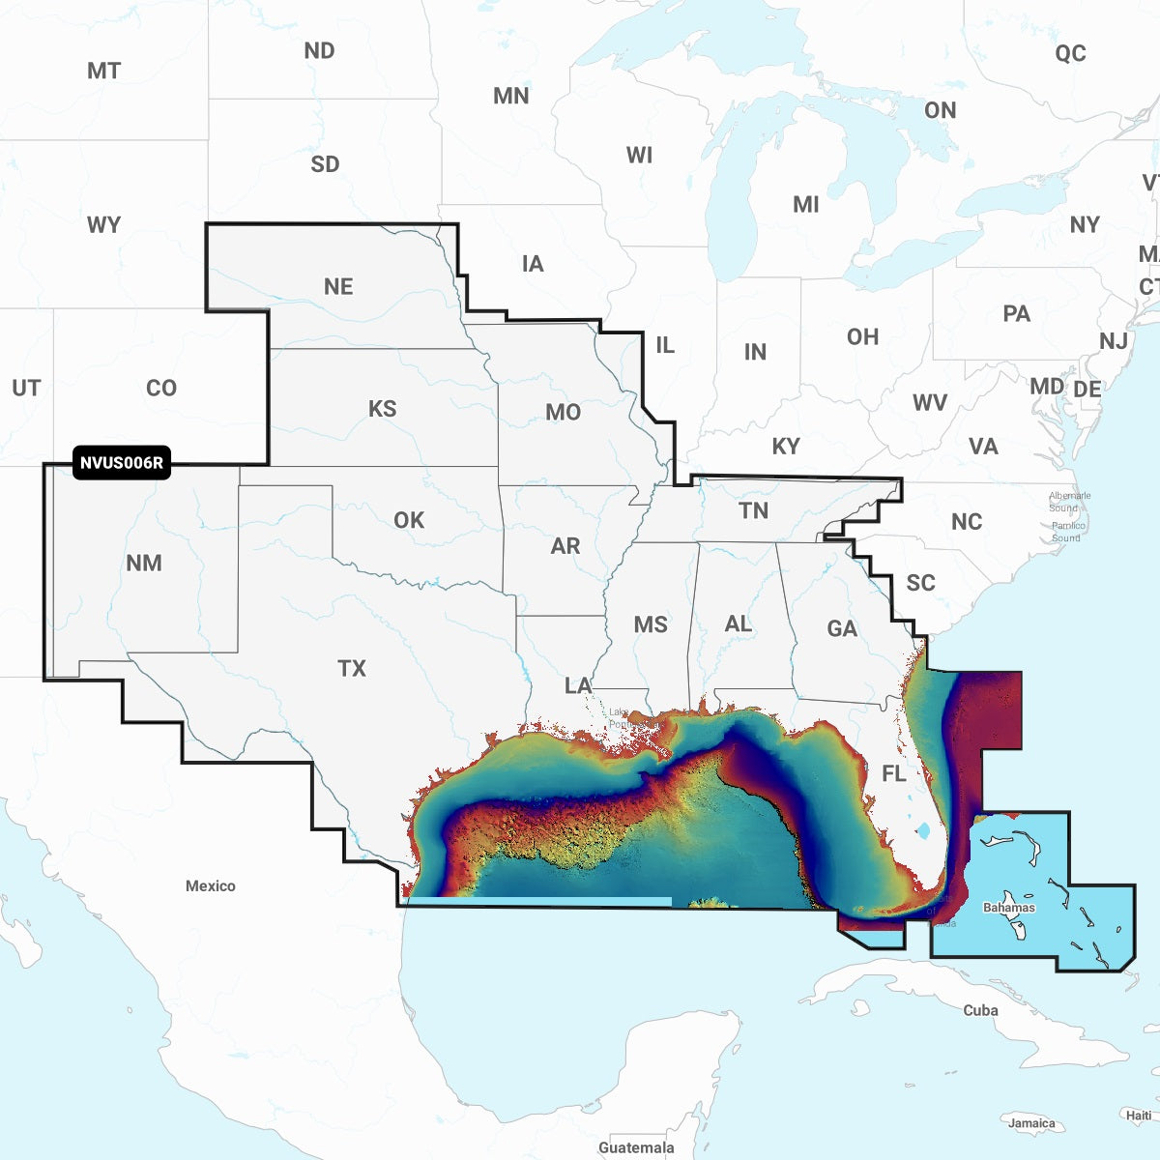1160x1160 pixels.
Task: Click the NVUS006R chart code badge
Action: coord(122,463)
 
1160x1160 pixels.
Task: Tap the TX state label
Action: coord(352,668)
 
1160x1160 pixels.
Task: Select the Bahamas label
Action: coord(1008,907)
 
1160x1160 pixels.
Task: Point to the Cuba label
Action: coord(980,1010)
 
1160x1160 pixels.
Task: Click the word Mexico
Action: coord(211,885)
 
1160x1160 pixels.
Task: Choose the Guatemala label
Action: coord(636,1147)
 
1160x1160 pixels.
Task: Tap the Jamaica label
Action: coord(1031,1122)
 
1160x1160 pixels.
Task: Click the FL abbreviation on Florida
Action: coord(894,773)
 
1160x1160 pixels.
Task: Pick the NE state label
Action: coord(338,287)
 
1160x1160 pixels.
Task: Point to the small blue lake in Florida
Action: coord(923,829)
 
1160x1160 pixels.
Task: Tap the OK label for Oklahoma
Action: coord(409,520)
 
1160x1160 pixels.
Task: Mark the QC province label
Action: coord(1070,53)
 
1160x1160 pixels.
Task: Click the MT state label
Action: coord(103,71)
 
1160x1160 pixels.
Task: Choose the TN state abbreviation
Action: coord(753,511)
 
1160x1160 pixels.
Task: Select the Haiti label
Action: coord(1139,1115)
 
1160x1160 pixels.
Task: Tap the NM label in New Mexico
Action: coord(144,563)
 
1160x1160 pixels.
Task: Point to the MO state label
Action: coord(563,413)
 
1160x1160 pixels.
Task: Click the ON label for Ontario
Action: coord(940,110)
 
